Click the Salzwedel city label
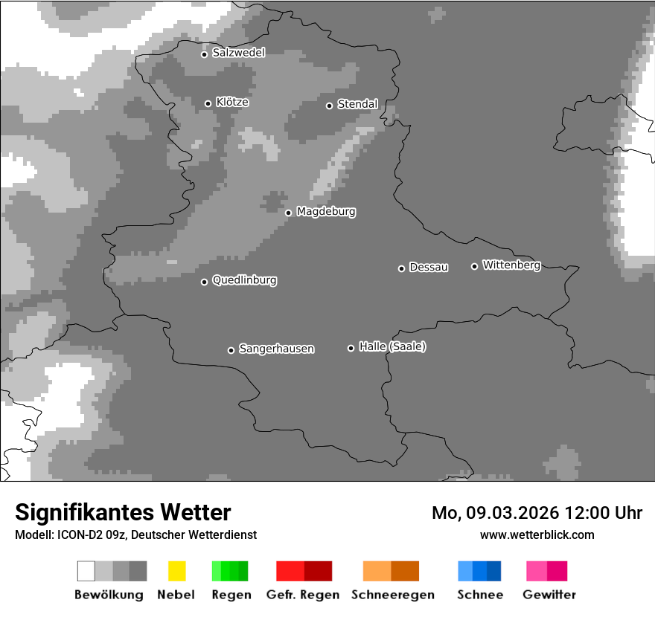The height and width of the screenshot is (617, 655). coord(238,53)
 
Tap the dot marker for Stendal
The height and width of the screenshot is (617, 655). coord(329,106)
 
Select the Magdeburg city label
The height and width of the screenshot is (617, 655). coord(326,212)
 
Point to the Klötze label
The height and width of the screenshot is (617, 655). coord(232,103)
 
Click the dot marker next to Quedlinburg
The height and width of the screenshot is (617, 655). coord(204,282)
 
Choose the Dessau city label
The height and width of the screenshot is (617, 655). coord(429,268)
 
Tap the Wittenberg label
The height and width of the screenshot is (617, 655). coord(511,265)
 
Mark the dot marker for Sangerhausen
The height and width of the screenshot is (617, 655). coord(231,350)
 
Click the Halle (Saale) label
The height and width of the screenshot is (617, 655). coord(392,347)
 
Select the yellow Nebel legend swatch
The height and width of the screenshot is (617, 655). coord(176,571)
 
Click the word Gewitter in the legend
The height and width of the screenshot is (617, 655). coord(549,595)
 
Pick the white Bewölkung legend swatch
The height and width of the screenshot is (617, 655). coord(86,571)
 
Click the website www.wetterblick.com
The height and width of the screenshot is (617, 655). coord(537,534)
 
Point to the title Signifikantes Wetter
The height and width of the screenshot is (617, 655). coord(123,512)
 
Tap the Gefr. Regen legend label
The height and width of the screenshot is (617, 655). coord(302,595)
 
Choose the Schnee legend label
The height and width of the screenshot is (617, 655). coord(479,595)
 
